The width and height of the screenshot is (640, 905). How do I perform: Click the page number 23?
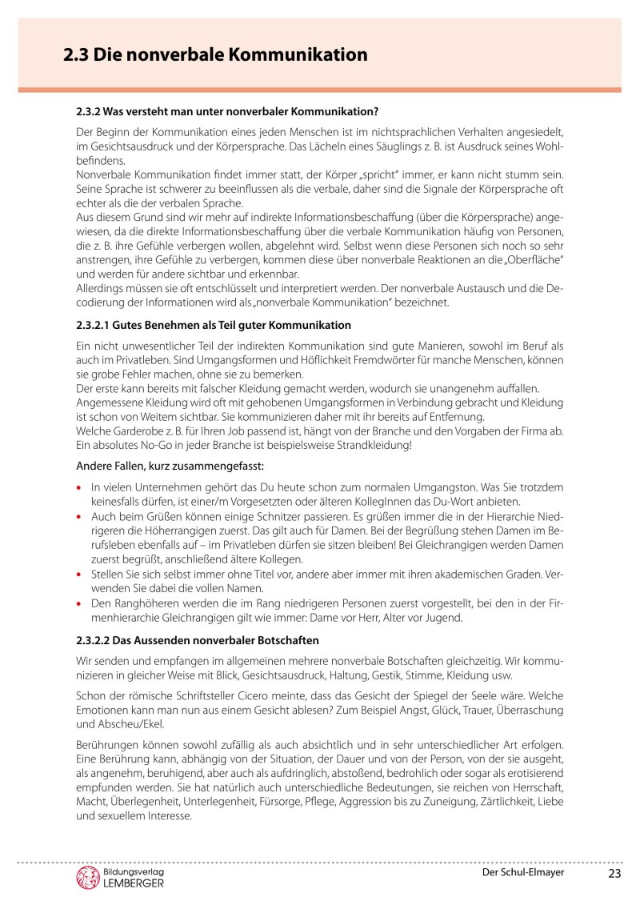tap(614, 873)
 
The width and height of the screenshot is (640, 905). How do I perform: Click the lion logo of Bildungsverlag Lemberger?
tap(86, 878)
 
